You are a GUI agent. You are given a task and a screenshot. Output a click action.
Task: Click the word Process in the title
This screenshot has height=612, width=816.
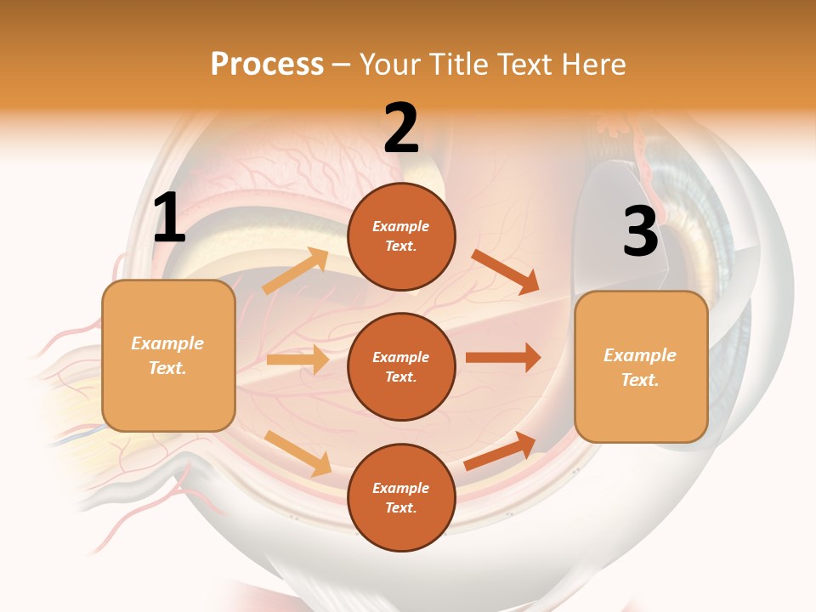pos(267,64)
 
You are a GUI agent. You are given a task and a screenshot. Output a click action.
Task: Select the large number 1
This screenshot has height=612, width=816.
pos(169,218)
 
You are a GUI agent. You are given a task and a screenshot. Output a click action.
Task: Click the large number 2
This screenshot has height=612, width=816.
pos(401,128)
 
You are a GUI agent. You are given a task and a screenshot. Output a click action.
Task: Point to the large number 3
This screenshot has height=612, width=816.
pos(640,231)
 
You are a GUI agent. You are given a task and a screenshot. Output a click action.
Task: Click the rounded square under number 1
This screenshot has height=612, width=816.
pos(168,355)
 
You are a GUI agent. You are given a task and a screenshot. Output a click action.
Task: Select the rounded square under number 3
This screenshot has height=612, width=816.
pos(641,366)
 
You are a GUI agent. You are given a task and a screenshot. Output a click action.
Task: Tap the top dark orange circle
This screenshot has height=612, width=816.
pos(401,236)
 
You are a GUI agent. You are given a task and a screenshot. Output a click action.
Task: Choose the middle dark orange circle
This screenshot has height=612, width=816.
pos(401,366)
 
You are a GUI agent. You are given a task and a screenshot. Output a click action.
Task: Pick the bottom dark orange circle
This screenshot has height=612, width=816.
pos(401,497)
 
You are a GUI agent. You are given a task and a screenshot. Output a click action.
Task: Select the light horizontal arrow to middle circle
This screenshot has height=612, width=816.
pos(297,360)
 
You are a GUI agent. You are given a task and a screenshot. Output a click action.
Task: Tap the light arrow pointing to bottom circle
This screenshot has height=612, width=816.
pos(298,453)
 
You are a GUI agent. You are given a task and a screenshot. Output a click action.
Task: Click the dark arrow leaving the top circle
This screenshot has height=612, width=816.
pos(506,272)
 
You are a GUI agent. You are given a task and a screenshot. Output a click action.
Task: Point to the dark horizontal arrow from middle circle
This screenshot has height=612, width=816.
pos(502,358)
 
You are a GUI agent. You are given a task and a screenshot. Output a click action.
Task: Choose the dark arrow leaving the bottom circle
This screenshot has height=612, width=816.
pos(501,450)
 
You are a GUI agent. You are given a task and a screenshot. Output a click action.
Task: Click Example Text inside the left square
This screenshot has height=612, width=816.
pos(167,355)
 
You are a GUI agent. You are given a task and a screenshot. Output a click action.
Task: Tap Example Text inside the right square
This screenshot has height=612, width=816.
pos(640,367)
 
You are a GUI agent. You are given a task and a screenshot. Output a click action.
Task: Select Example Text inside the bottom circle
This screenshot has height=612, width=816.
pos(400,497)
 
